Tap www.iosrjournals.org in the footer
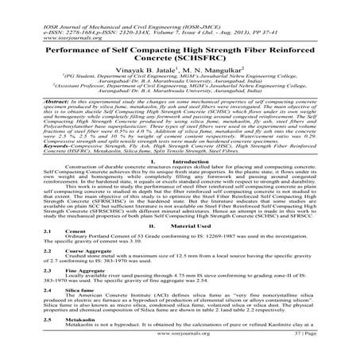coord(180,356)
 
